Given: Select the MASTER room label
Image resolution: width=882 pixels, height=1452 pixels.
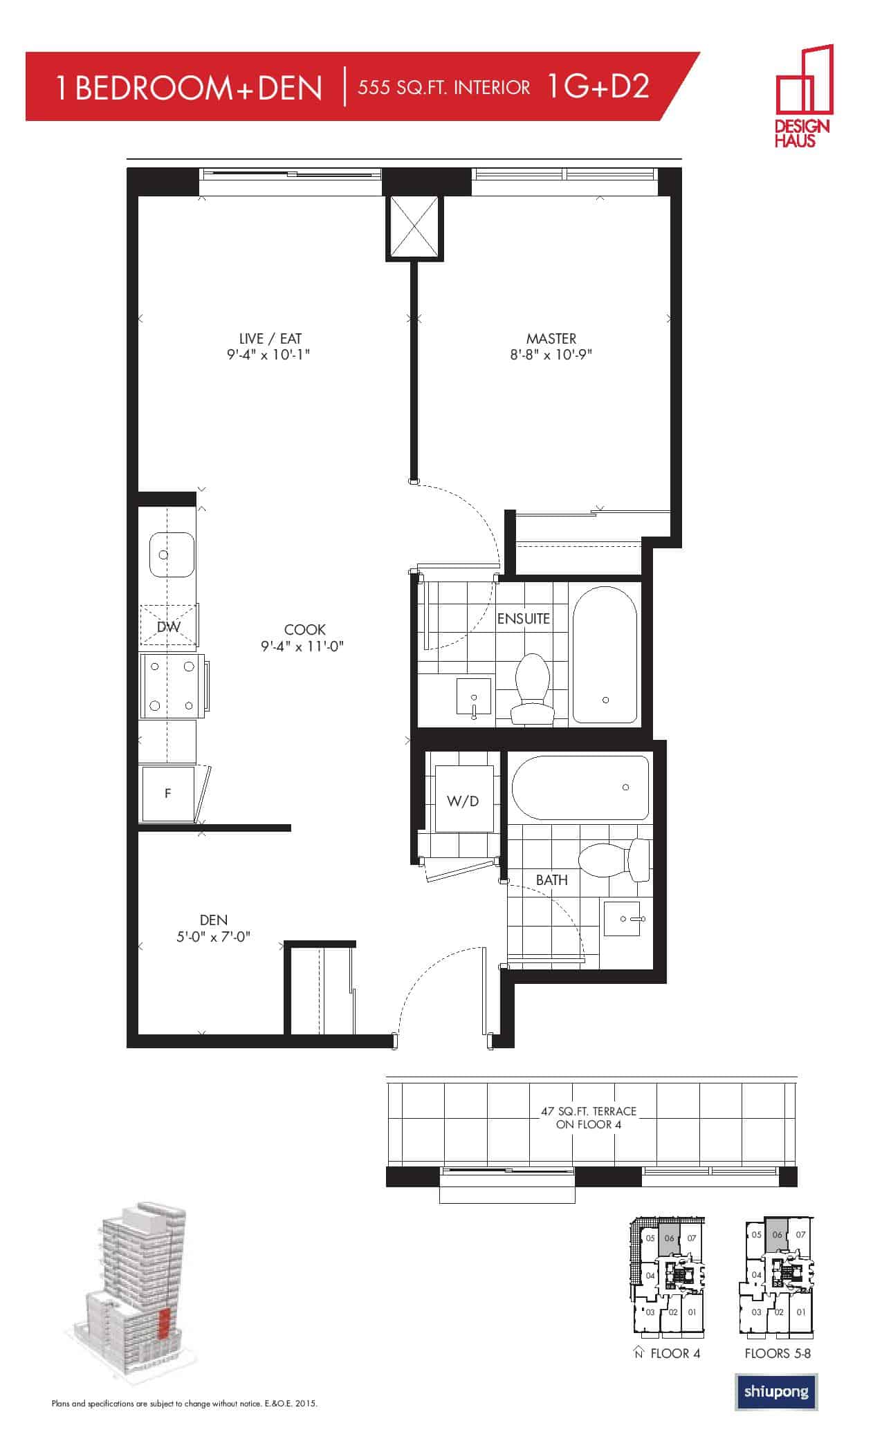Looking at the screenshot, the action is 551,339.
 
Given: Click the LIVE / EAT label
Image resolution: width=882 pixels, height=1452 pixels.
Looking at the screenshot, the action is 270,339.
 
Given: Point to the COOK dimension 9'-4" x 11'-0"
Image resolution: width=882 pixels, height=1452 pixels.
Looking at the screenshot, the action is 303,646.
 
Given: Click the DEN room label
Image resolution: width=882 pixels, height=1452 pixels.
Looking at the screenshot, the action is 213,920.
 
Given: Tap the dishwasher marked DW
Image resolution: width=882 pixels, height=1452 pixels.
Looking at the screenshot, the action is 169,626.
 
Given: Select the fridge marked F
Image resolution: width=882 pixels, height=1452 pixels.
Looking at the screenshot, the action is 168,794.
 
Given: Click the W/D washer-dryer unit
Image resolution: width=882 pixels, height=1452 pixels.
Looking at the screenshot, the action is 463,800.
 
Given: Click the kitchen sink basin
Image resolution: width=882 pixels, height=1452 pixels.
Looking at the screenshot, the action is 171,555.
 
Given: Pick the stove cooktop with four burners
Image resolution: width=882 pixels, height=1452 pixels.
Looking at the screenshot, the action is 172,686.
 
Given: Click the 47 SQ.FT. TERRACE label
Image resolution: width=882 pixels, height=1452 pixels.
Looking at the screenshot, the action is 588,1111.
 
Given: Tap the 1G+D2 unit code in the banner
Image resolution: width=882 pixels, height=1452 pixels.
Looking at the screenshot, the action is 598,86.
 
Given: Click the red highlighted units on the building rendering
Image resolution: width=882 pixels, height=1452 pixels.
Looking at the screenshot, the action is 163,1324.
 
